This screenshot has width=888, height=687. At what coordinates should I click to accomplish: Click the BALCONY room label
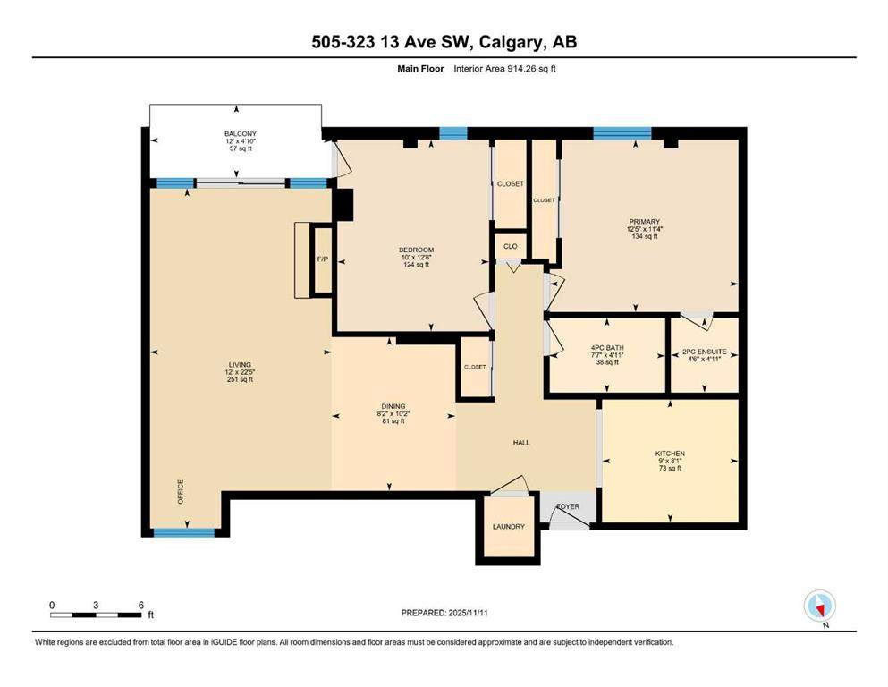[x=240, y=134]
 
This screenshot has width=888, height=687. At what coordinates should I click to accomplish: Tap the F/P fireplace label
[x=321, y=260]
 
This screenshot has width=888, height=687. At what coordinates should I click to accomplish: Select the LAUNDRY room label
[x=508, y=526]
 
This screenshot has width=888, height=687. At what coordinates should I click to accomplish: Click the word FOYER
[x=569, y=506]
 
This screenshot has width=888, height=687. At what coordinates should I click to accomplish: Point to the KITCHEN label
[x=669, y=454]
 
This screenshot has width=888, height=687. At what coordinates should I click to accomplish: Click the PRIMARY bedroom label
[x=644, y=222]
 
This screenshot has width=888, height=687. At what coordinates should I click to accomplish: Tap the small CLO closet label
[x=510, y=245]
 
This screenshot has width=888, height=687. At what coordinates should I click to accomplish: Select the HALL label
[x=520, y=442]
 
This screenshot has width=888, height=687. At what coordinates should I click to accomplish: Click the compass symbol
[x=819, y=606]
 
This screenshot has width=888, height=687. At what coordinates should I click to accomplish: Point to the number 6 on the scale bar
[x=141, y=605]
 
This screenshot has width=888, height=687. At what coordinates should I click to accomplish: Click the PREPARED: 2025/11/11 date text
[x=444, y=613]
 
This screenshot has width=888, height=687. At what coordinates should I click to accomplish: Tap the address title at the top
[x=444, y=42]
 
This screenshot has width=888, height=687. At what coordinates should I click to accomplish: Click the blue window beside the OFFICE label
[x=183, y=532]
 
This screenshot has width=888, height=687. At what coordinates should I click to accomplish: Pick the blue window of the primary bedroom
[x=622, y=133]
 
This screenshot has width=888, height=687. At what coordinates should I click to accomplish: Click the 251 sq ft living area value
[x=240, y=379]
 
